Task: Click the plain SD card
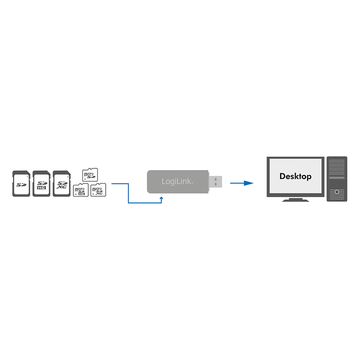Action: coord(21,183)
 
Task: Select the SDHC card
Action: coord(41,183)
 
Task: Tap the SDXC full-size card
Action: coord(61,183)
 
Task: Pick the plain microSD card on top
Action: coord(90,174)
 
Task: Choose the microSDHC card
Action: coord(80,190)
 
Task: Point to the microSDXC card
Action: coord(98,190)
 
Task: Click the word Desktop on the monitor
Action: coord(295,176)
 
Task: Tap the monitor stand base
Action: coord(295,200)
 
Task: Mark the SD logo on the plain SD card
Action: coord(20,184)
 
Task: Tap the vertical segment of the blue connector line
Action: coord(129,193)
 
